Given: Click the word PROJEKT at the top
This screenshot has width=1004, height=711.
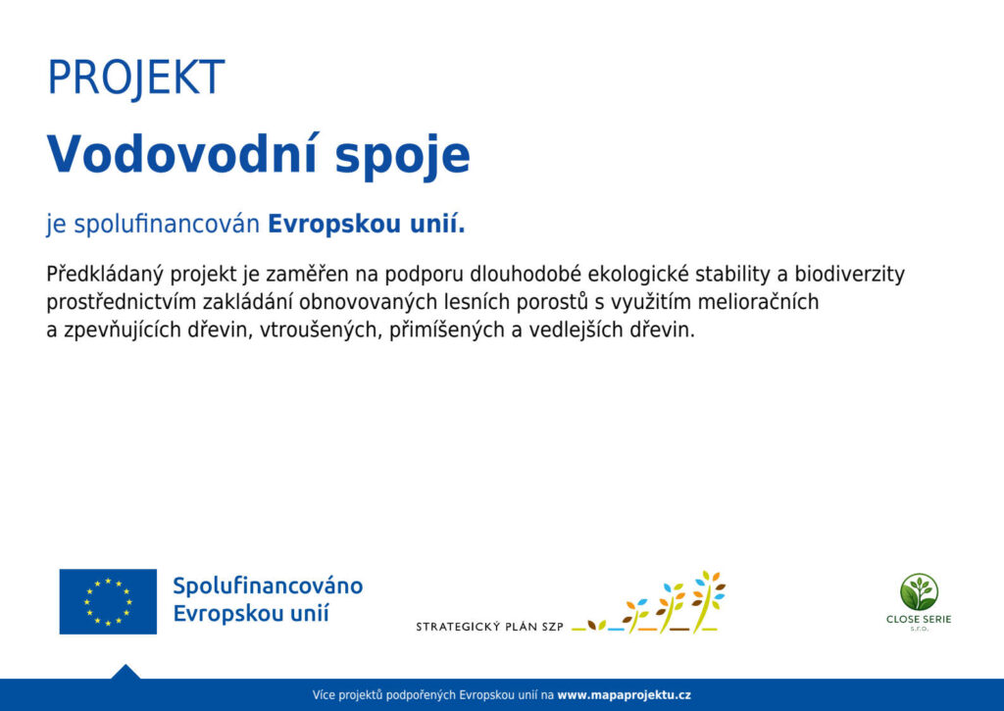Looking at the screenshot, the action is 136,77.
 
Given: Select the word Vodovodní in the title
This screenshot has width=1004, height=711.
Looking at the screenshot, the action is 181,154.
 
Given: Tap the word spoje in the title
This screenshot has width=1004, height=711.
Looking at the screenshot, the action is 403,158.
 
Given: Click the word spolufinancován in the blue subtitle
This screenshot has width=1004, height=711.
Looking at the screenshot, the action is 167,225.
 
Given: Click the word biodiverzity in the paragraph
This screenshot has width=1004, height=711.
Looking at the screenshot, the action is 850,275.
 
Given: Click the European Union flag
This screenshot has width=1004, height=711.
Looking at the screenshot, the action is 108,601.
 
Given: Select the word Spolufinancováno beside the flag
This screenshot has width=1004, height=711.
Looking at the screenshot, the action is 268,585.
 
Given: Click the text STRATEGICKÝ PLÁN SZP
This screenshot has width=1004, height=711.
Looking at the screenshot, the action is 489,627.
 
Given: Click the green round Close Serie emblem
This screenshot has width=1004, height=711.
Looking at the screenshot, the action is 919,592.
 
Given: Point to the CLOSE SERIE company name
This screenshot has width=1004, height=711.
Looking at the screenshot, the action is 919,620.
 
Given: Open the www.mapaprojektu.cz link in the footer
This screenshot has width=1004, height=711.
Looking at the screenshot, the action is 624,695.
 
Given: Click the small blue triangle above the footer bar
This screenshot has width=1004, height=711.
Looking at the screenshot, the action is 125,673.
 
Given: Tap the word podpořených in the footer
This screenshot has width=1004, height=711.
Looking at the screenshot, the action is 422,695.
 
